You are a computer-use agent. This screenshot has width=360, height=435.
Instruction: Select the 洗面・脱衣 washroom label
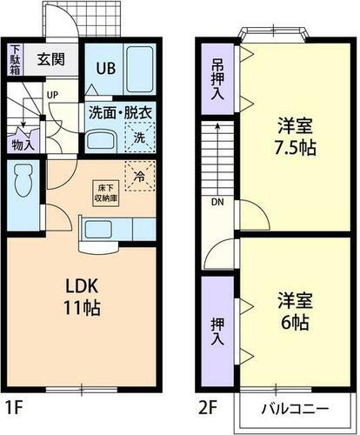coord(120,111)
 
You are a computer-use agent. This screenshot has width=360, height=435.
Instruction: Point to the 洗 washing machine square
coord(139,137)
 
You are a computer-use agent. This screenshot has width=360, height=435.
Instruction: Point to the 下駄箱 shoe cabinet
coord(15,59)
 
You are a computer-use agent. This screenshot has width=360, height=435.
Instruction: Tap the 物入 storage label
coord(23,144)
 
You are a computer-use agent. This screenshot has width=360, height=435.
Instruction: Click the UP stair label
coord(52,94)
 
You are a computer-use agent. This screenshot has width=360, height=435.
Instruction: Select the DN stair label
coord(216,204)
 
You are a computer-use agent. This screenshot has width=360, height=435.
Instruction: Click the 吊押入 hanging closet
coord(217,78)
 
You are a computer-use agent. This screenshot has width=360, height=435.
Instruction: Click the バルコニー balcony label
coord(297,409)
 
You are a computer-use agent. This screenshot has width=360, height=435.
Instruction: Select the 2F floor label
coord(209,405)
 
